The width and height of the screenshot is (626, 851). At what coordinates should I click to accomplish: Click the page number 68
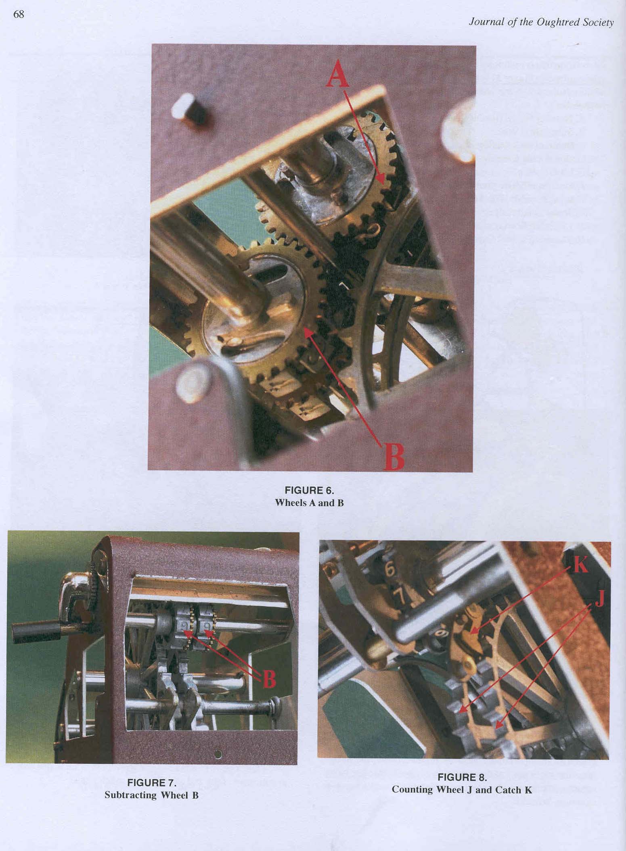pos(19,15)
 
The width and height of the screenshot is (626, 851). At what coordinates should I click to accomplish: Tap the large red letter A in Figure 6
pos(337,76)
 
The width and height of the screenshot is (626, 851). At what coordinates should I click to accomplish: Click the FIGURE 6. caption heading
pos(310,490)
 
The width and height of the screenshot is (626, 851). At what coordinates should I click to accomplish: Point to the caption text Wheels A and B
pos(309,503)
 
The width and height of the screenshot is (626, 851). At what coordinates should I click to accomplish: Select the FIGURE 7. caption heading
pos(152,783)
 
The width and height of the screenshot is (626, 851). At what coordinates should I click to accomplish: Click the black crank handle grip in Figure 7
pos(29,630)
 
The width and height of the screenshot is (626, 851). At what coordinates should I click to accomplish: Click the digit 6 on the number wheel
pos(389,570)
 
